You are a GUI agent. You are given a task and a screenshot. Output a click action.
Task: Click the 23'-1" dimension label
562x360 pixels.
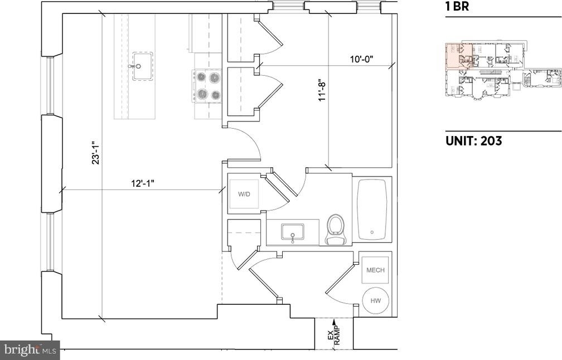[x=96, y=152]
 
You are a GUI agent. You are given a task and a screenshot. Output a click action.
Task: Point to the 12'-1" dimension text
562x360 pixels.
[x=142, y=184]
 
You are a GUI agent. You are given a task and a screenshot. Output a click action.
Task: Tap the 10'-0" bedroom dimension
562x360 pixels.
[x=362, y=59]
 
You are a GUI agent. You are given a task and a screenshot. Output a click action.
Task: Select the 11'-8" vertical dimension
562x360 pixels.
[x=322, y=92]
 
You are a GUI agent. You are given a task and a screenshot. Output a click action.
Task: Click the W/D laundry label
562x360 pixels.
[x=244, y=194]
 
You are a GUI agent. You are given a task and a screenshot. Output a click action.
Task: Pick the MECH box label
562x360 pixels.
[x=375, y=270]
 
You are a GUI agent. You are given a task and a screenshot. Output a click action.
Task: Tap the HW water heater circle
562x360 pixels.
[x=375, y=300]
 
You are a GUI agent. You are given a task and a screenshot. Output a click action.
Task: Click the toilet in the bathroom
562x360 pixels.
[x=336, y=230]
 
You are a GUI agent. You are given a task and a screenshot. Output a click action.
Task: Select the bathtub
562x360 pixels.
[x=372, y=210]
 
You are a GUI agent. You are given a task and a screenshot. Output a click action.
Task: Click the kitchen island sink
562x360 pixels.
[x=143, y=66]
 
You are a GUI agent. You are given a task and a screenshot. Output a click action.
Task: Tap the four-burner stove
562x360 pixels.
[x=207, y=86]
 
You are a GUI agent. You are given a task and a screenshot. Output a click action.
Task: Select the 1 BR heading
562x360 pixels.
[x=457, y=7]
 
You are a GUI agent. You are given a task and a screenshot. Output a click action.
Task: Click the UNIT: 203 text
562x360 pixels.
[x=474, y=141]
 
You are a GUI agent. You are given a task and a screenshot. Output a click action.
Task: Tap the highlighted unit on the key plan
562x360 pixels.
[x=459, y=56]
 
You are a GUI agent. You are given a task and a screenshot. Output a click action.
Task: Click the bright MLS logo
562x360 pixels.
[x=30, y=349]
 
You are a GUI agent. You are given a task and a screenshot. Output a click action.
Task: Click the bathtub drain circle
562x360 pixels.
[x=372, y=232]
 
